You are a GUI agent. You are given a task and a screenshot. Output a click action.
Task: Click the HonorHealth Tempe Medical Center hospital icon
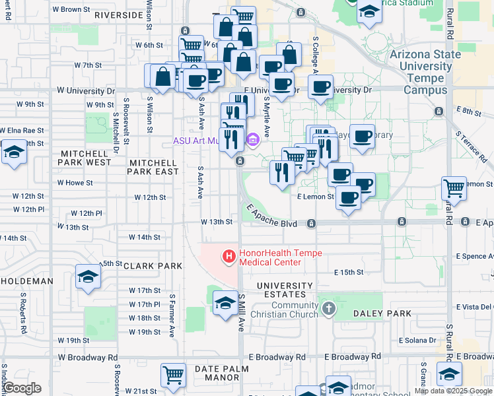(229, 256)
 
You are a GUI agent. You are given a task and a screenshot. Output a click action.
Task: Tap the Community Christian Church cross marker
(328, 308)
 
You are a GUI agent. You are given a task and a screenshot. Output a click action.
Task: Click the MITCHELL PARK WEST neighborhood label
(85, 157)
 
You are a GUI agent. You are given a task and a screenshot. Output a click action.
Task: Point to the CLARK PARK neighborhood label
(151, 266)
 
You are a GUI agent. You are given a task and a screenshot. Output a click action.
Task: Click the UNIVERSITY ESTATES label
(285, 290)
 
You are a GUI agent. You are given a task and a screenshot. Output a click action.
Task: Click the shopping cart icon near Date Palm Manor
(173, 375)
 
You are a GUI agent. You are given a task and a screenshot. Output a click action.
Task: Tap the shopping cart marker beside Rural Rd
(454, 189)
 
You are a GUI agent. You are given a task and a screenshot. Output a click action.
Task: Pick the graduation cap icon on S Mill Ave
(226, 302)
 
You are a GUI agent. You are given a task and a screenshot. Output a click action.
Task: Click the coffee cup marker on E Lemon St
(348, 197)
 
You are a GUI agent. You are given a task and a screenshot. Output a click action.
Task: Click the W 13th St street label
(217, 221)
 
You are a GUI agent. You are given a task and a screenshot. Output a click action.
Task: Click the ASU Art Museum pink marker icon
(252, 141)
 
